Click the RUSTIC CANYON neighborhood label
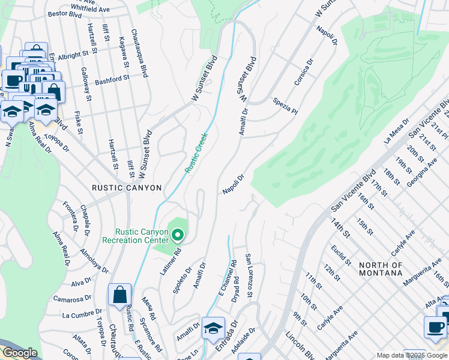tap(127, 188)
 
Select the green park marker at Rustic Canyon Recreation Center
tap(176, 234)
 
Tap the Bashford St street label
tap(112, 79)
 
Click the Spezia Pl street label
tap(285, 106)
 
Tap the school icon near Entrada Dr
tap(213, 328)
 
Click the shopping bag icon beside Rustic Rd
tap(119, 295)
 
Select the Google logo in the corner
tap(20, 353)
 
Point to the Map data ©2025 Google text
tap(411, 355)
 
